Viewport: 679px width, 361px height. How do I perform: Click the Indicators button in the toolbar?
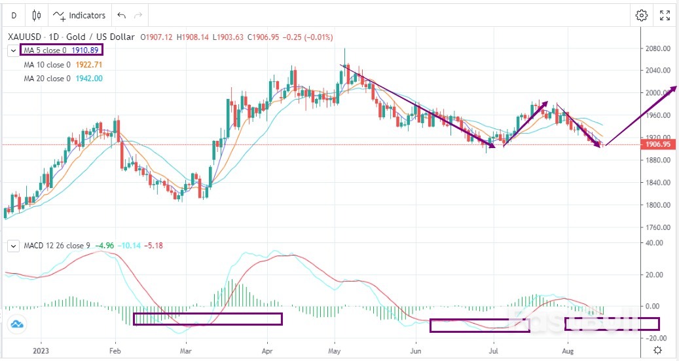79,15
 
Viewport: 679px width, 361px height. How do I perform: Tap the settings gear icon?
642,15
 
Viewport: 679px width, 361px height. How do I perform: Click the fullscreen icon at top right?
665,15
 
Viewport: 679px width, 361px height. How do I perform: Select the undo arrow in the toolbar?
121,15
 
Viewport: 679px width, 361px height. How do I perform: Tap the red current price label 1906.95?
657,144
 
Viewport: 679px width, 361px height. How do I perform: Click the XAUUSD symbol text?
22,37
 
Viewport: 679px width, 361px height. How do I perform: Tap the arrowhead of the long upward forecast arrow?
674,87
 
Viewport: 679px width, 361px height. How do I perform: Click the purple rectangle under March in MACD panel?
208,319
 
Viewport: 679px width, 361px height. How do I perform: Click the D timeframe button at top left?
14,15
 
